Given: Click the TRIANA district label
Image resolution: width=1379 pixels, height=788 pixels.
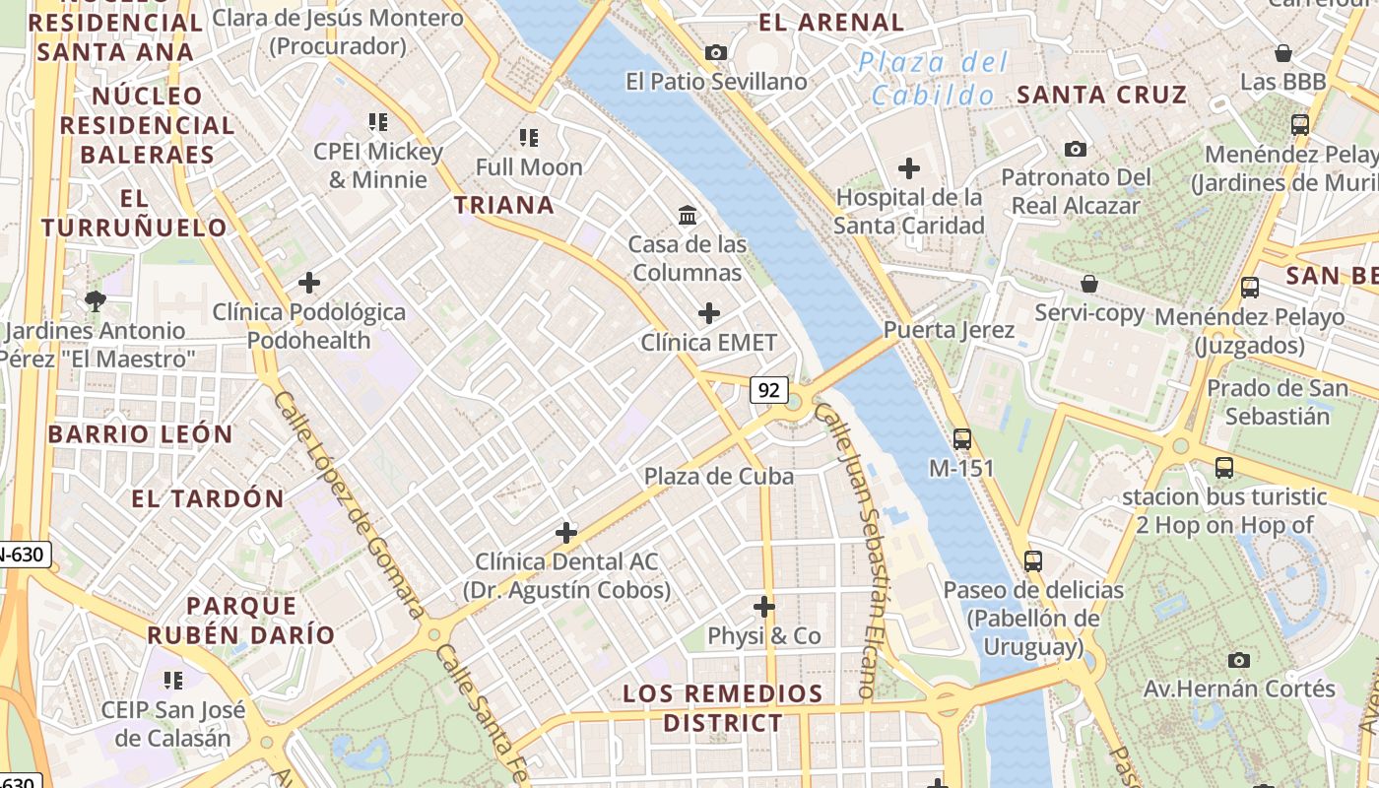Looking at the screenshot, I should pos(503,205).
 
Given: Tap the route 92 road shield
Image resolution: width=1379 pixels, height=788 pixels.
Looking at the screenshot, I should pos(768,390).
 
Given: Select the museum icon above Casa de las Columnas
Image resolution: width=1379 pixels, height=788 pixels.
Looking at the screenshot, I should pos(688,214).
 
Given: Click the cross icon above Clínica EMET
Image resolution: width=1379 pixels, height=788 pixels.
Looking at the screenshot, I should pos(708,314).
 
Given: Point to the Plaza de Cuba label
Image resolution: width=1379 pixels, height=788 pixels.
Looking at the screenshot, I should pos(718,477).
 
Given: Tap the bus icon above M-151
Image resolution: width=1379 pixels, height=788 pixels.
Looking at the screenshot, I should pos(961,439).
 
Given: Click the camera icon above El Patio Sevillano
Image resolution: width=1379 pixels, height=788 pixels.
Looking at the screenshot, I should pos(716,52).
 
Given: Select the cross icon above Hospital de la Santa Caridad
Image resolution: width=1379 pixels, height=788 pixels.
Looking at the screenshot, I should pos(908,168).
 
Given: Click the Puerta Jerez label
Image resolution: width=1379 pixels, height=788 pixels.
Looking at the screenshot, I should pos(949,330).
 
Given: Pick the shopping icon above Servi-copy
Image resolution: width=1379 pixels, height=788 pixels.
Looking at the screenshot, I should pos(1089,284).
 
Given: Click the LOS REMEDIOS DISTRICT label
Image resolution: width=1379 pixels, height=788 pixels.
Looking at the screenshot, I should pos(722,708).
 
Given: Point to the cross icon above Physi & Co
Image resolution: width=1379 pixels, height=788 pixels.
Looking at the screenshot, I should pos(763,607).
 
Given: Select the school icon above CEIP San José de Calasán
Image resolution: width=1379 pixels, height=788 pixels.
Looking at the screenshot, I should pos(172,680).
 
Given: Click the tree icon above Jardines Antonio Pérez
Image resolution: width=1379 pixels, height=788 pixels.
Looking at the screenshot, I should pos(96,300).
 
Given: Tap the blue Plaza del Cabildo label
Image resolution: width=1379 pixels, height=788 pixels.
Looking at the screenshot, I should pos(933,79).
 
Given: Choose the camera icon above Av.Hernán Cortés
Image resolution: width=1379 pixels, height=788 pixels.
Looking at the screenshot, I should pos(1239,660).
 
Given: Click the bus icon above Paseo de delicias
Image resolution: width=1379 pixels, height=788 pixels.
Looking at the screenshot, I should pos(1032,561).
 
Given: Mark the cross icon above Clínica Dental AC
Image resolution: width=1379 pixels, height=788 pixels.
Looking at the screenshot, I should pos(565,533).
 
